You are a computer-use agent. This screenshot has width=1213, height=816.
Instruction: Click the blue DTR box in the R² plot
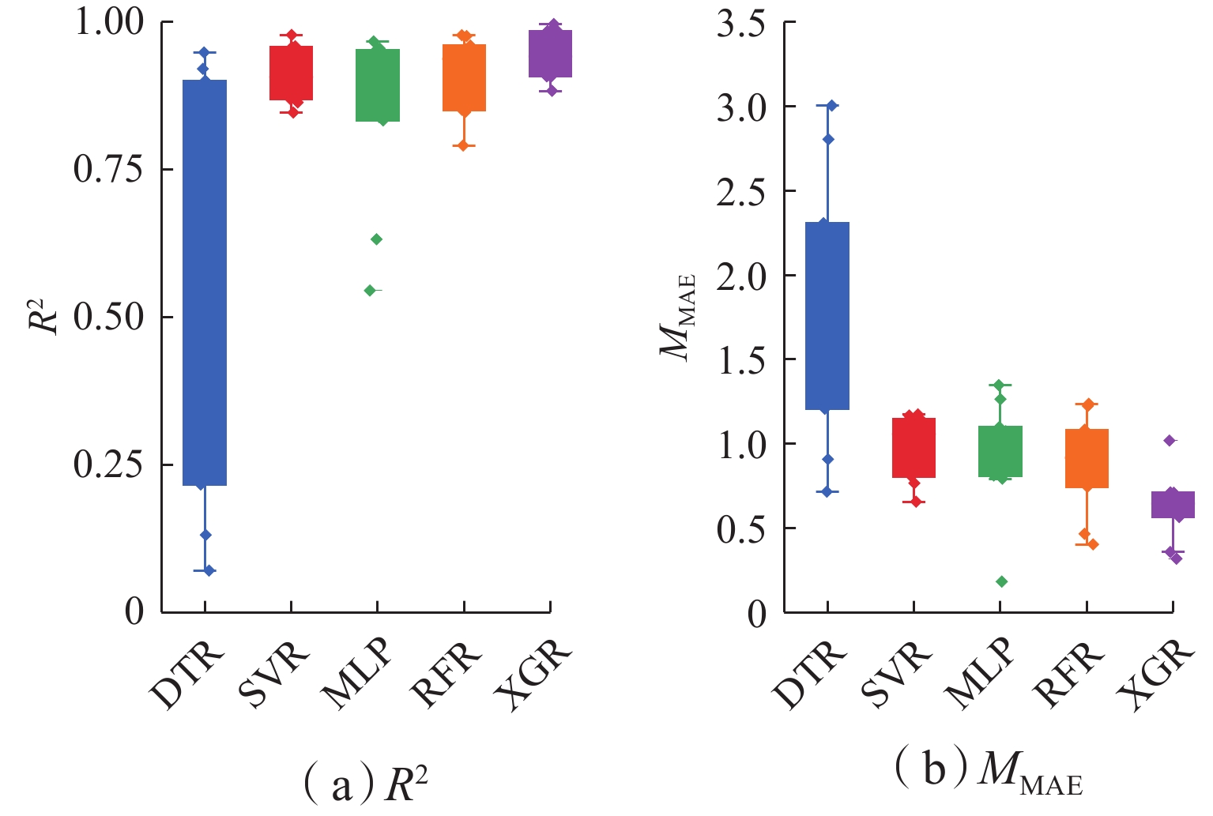[205, 282]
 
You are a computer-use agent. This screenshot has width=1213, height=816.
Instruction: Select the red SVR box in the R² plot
[292, 73]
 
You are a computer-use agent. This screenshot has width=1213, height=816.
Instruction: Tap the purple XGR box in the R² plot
[551, 54]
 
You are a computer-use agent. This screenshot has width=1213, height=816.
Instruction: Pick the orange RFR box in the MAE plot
[1087, 458]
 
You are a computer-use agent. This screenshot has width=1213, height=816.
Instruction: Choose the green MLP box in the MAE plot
[1000, 451]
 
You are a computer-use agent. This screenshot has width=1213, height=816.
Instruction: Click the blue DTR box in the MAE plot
[827, 316]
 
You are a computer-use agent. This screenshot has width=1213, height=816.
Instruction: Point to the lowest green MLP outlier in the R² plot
[370, 291]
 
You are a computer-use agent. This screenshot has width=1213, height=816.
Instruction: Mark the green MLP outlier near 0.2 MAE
[1002, 582]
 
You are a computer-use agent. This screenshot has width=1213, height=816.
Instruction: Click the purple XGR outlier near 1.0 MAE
[1170, 441]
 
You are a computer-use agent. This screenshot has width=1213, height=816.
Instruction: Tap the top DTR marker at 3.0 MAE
[831, 106]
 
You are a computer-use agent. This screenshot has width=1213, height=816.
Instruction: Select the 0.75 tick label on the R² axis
[108, 169]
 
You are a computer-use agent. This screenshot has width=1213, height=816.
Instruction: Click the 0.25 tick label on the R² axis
[108, 464]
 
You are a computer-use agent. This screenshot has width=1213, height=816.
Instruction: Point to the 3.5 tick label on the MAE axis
[740, 24]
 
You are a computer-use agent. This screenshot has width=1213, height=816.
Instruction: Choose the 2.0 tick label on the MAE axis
[740, 276]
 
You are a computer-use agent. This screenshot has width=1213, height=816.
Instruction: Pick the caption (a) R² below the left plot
[365, 784]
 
